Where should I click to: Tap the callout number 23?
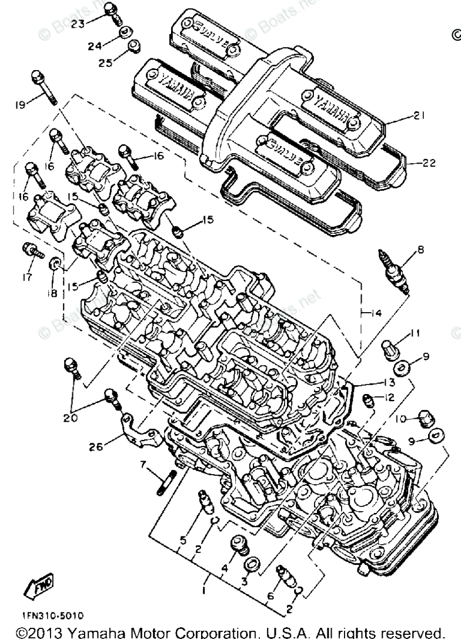(78, 24)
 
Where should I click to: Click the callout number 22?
(429, 163)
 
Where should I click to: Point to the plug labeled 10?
(426, 419)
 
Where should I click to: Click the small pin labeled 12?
(369, 401)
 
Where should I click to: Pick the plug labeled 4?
(239, 544)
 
